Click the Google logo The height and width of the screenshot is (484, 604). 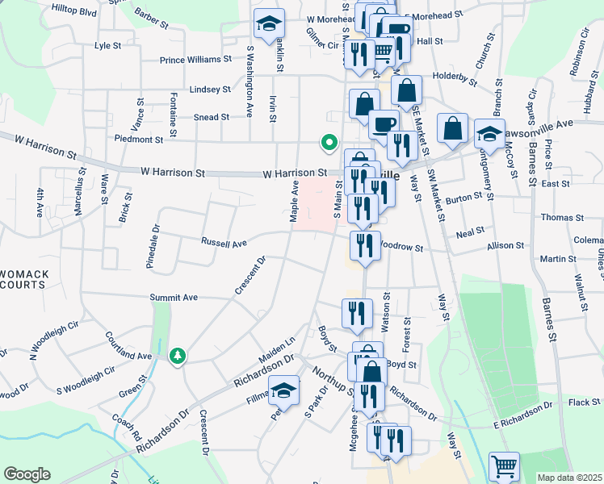pyautogui.click(x=27, y=474)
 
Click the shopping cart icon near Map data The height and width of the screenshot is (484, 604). pyautogui.click(x=504, y=465)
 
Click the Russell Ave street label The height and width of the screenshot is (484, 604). pyautogui.click(x=224, y=242)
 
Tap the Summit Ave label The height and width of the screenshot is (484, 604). pyautogui.click(x=174, y=298)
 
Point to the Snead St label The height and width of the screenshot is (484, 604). pyautogui.click(x=212, y=117)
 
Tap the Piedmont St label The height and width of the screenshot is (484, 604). pyautogui.click(x=140, y=140)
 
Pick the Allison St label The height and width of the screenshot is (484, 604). pyautogui.click(x=506, y=246)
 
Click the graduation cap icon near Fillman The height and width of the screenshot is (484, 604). pyautogui.click(x=283, y=390)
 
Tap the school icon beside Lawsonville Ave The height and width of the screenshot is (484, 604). pyautogui.click(x=489, y=133)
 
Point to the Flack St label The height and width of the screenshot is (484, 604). pyautogui.click(x=579, y=402)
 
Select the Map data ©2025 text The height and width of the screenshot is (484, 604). pyautogui.click(x=569, y=478)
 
